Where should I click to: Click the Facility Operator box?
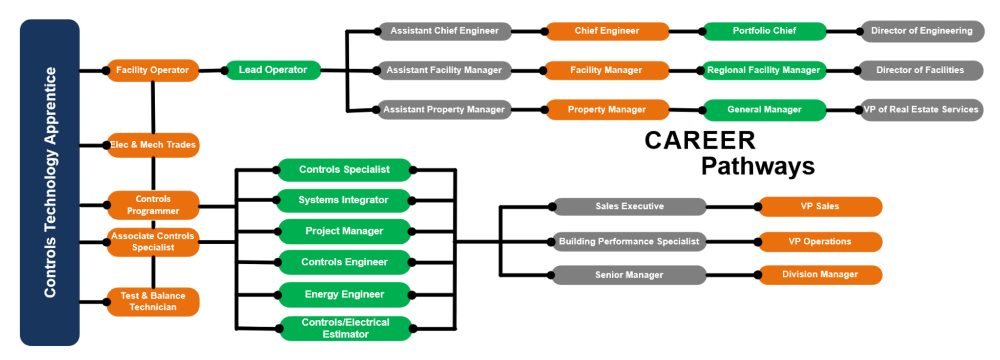coord(152,70)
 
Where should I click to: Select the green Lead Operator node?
coord(272,70)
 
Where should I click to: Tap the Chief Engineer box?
coord(606,31)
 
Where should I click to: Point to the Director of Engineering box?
coord(921,31)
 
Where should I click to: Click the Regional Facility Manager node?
coord(763,70)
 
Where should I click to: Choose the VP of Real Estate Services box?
coord(921,110)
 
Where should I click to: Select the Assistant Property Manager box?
coord(443,110)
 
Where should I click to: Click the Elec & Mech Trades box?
coord(153,145)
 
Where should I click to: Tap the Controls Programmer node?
coord(153,205)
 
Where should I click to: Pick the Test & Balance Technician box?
coord(153,301)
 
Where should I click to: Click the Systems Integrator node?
coord(343,200)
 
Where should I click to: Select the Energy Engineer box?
coord(344,295)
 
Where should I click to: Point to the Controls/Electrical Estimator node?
coord(345,328)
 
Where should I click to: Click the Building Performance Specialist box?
coord(629,242)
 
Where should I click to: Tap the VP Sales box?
coord(819,207)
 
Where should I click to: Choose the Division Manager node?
coord(819,275)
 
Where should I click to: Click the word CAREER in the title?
coord(700,141)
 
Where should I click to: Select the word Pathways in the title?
coord(757,166)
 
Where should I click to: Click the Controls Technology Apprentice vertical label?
coord(50,182)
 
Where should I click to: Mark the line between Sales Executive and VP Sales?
coord(731,207)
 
